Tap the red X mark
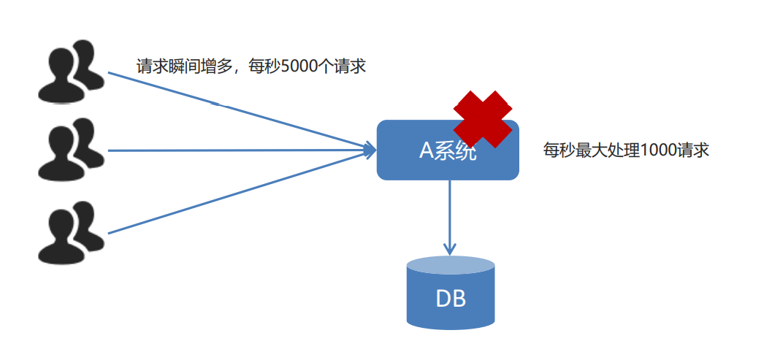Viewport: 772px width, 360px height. click(483, 119)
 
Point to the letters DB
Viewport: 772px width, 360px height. click(450, 299)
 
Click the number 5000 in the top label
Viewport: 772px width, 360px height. click(299, 66)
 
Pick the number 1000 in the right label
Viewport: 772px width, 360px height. click(658, 150)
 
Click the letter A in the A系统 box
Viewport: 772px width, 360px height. click(427, 150)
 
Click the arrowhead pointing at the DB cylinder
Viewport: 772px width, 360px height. click(450, 248)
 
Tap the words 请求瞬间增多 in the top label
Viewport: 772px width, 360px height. click(183, 66)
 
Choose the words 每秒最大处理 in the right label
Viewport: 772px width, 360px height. click(591, 150)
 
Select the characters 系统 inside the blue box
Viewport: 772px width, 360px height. click(456, 150)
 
